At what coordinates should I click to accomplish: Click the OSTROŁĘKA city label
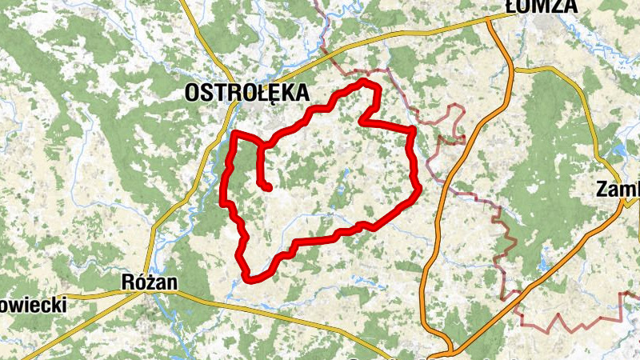pyautogui.click(x=246, y=93)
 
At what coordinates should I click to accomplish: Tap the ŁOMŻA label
pyautogui.click(x=542, y=6)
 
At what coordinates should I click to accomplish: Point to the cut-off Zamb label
pyautogui.click(x=618, y=190)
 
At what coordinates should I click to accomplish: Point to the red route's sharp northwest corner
pyautogui.click(x=234, y=133)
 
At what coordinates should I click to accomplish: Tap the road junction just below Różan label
pyautogui.click(x=147, y=294)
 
